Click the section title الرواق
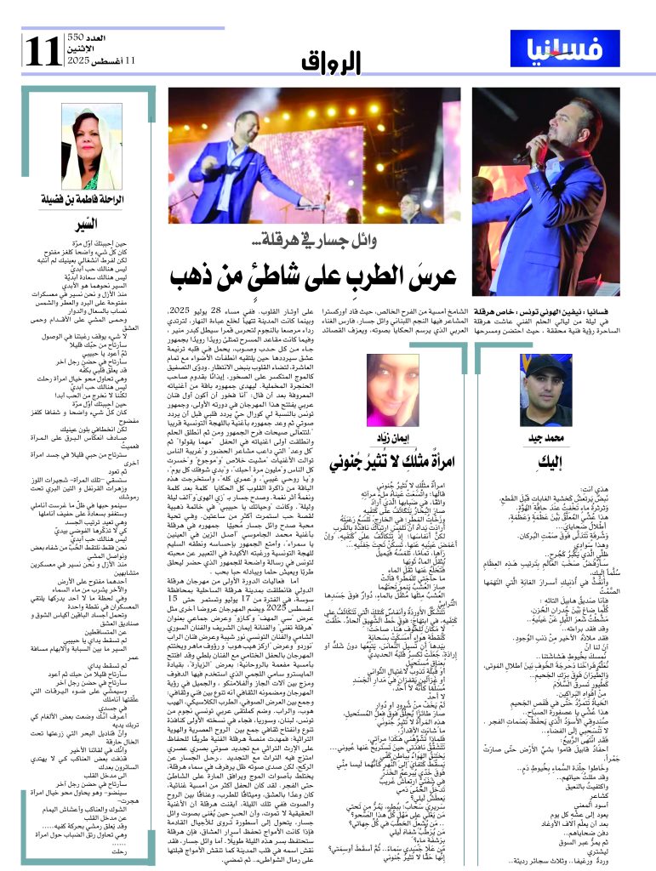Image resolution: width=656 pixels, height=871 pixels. click(x=331, y=62)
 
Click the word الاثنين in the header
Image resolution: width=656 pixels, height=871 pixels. click(x=77, y=51)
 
